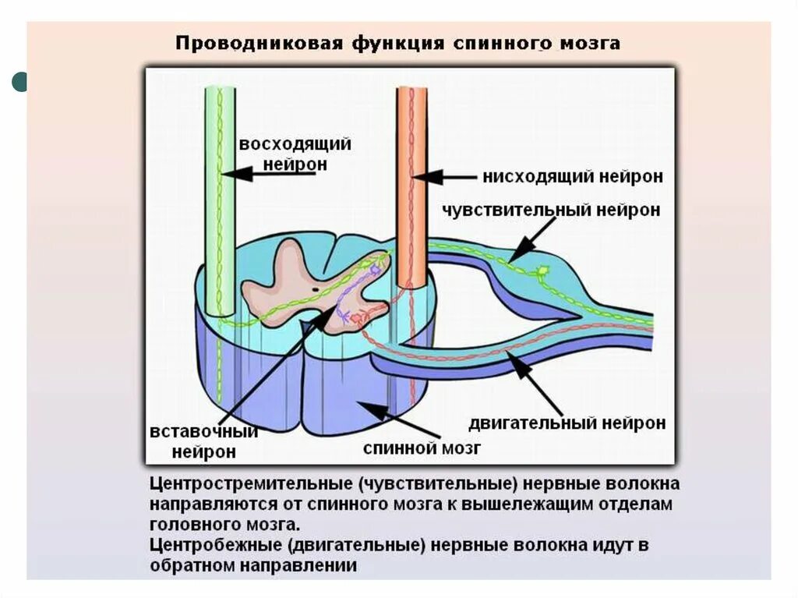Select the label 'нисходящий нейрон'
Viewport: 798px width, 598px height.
(x=573, y=177)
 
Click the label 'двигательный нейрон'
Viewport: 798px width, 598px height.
(x=567, y=423)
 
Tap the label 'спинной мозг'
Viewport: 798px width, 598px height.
(x=422, y=448)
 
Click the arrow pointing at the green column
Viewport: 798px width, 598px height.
(x=273, y=173)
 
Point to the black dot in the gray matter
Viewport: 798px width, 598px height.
(x=314, y=289)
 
